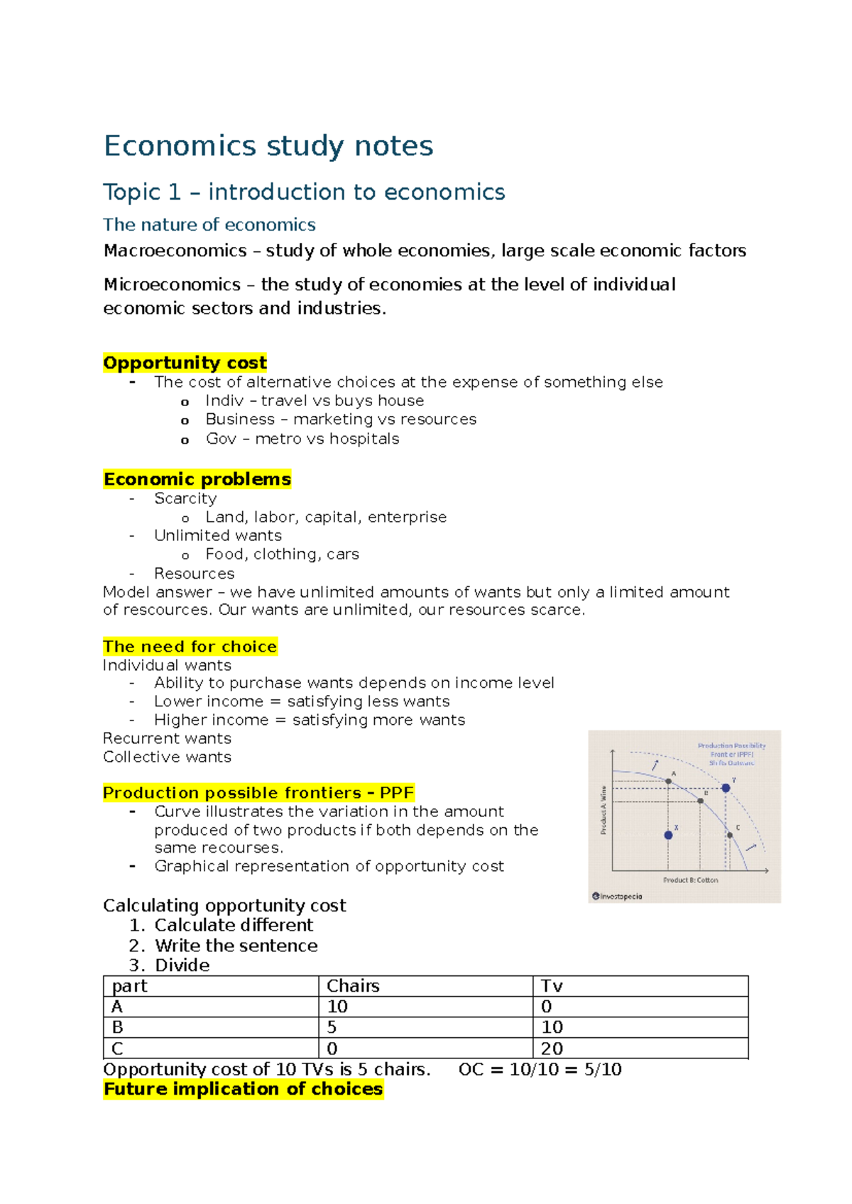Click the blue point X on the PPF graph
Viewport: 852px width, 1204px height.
coord(668,835)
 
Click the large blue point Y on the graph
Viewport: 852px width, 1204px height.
coord(726,788)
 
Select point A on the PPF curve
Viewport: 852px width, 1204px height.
coord(668,781)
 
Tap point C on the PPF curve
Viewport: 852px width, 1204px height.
coord(729,835)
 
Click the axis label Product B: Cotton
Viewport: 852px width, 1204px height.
coord(690,880)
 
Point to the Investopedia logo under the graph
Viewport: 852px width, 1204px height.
coord(617,896)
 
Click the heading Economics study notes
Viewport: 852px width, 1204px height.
coord(268,146)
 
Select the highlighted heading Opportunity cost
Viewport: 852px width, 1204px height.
coord(185,363)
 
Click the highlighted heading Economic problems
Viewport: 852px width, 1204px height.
coord(197,479)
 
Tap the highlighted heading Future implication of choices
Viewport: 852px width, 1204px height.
coord(243,1089)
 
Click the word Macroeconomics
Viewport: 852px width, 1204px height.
coord(175,251)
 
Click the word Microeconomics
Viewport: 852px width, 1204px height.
coord(172,285)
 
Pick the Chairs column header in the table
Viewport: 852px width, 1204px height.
coord(353,986)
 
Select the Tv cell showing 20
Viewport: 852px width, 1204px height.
coord(552,1049)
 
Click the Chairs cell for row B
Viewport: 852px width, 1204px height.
coord(332,1027)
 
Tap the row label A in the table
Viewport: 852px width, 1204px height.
coord(117,1007)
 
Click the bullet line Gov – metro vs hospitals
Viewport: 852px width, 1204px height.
coord(302,439)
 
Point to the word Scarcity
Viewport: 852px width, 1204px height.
coord(185,498)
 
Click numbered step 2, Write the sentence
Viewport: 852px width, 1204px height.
coord(236,946)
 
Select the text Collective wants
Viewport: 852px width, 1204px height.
coord(167,757)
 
